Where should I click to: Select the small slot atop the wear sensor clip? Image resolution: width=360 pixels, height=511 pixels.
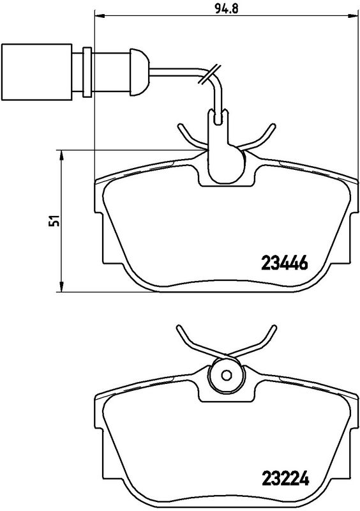pos(220,117)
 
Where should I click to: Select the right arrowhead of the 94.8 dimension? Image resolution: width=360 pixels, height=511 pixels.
pos(350,13)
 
